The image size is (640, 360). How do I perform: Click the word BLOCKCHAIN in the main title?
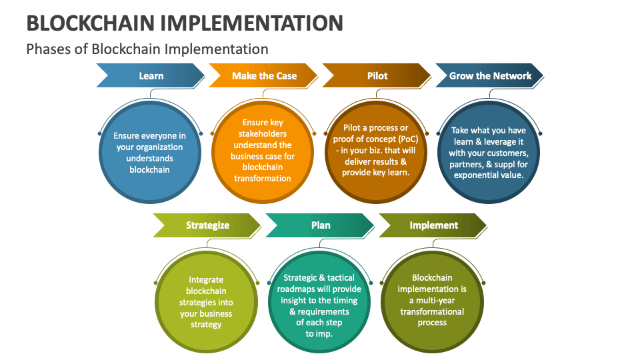90,23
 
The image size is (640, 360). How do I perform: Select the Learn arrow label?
151,76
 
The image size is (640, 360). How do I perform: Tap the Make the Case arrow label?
264,76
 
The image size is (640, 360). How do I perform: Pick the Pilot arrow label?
377,76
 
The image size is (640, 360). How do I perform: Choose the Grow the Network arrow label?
490,76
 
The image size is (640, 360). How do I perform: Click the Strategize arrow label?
207,225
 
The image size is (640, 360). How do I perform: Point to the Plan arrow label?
321,225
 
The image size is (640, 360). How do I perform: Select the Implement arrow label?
434,225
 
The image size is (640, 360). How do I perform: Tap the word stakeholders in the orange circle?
263,134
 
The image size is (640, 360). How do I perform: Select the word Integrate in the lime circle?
206,280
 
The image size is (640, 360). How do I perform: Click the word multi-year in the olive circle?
435,301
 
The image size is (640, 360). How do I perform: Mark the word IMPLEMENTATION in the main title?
251,23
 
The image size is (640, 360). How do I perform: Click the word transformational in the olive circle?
432,312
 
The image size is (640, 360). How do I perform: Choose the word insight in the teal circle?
293,301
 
